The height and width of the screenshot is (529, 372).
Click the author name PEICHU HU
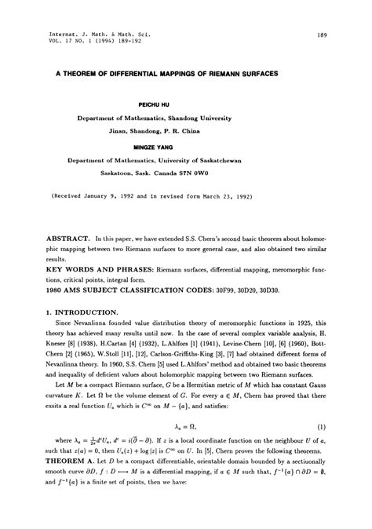pos(186,104)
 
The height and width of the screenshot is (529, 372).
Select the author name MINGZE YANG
pos(185,147)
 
